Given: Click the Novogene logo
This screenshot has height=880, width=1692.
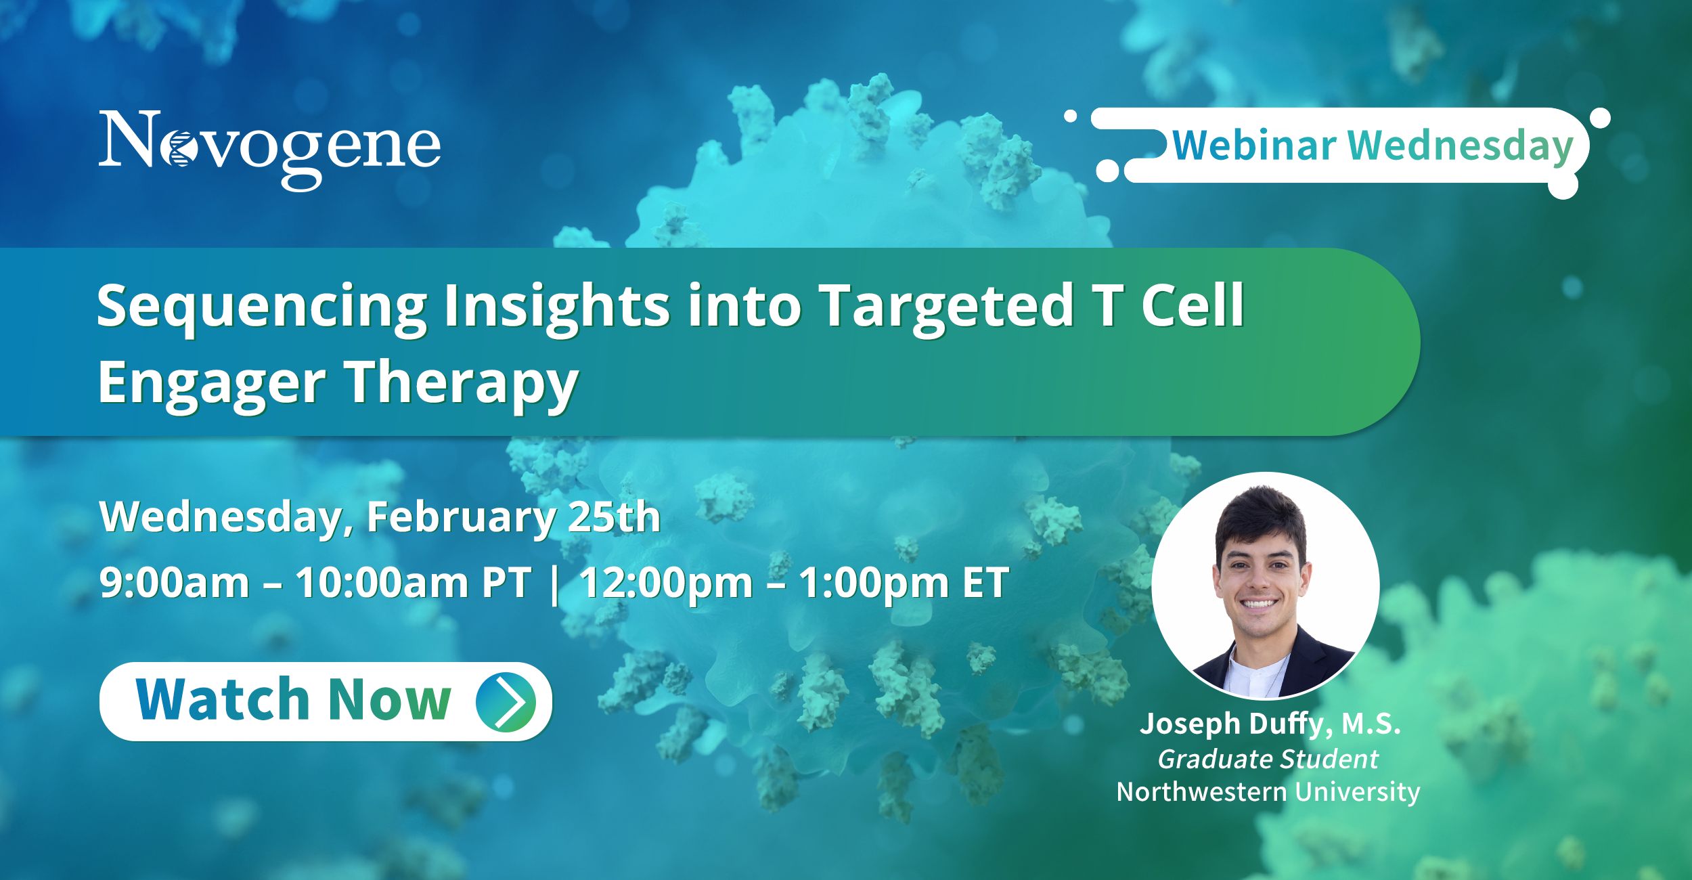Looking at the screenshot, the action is click(269, 149).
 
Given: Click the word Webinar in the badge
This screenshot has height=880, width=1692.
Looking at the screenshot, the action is click(1254, 146).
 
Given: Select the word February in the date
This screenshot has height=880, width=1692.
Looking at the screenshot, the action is click(461, 519).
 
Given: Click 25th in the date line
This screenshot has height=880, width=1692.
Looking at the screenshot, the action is click(614, 517).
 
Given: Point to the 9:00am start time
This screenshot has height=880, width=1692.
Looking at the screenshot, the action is click(175, 582).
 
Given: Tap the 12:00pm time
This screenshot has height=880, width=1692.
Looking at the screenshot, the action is click(666, 583).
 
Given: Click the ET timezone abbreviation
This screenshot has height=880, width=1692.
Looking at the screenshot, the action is click(985, 582).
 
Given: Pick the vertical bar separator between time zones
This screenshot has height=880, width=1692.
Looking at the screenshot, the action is click(555, 585).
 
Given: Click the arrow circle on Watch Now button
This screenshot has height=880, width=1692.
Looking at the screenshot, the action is click(506, 702).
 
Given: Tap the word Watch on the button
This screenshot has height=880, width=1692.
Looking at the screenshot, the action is click(223, 699).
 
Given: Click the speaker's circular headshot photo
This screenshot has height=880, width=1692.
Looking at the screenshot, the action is click(1266, 586).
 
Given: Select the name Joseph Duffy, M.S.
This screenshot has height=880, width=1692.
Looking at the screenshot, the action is click(1270, 724).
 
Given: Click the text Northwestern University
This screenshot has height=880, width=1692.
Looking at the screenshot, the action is click(1268, 792).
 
